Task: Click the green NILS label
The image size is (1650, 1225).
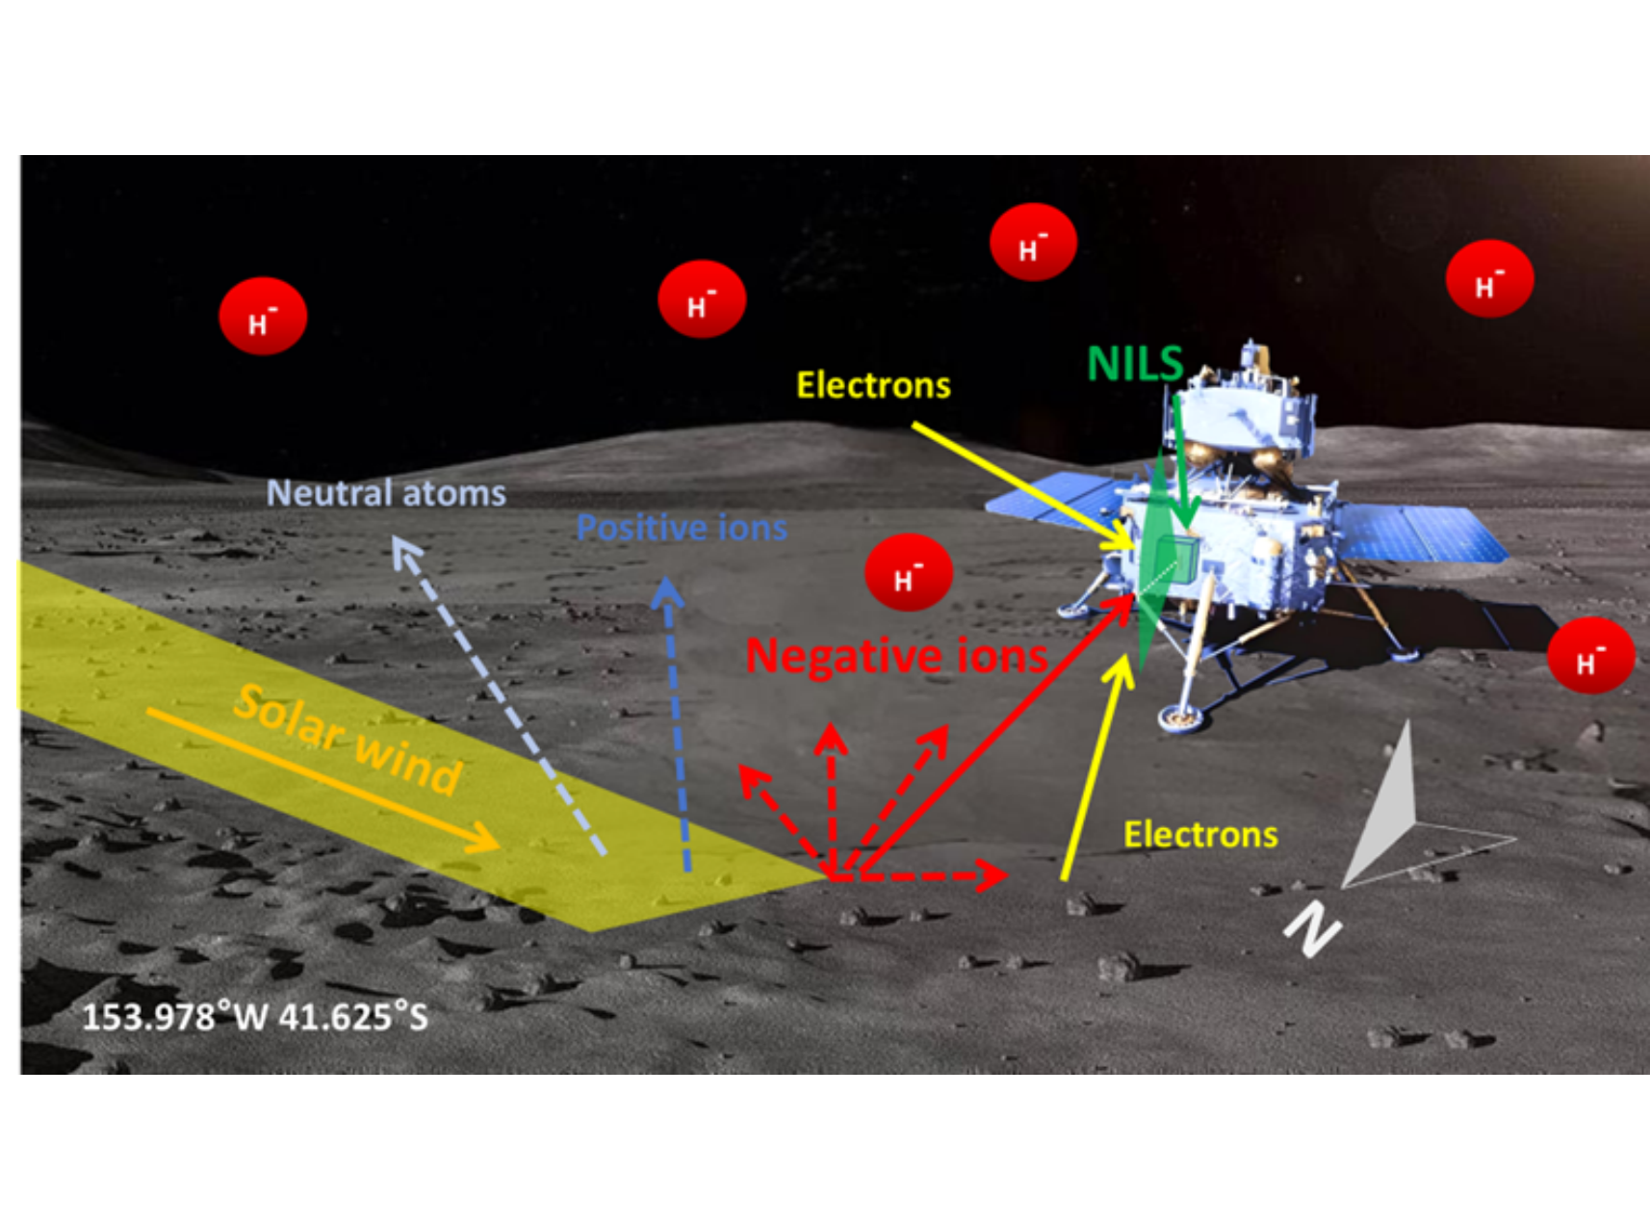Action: pyautogui.click(x=1135, y=364)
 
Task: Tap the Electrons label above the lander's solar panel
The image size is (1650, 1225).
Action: pyautogui.click(x=873, y=385)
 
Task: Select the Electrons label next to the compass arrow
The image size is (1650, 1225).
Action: pyautogui.click(x=1200, y=834)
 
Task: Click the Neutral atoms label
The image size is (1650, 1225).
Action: pyautogui.click(x=386, y=493)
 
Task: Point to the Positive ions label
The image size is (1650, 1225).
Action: pyautogui.click(x=682, y=528)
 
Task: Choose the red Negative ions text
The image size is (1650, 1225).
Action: pyautogui.click(x=896, y=657)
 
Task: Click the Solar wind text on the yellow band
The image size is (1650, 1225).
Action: pyautogui.click(x=348, y=740)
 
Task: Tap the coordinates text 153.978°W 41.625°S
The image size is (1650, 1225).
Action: pyautogui.click(x=254, y=1017)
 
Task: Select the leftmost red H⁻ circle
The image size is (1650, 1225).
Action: pyautogui.click(x=263, y=317)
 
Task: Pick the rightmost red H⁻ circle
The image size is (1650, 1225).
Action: pyautogui.click(x=1590, y=656)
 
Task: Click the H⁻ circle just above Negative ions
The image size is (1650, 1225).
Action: pyautogui.click(x=909, y=573)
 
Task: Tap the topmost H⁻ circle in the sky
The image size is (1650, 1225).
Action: pyautogui.click(x=1033, y=243)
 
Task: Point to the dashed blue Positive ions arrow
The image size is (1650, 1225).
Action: pyautogui.click(x=677, y=722)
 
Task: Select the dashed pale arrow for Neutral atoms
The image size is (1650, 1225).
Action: pyautogui.click(x=501, y=693)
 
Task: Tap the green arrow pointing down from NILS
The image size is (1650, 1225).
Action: pyautogui.click(x=1183, y=462)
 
